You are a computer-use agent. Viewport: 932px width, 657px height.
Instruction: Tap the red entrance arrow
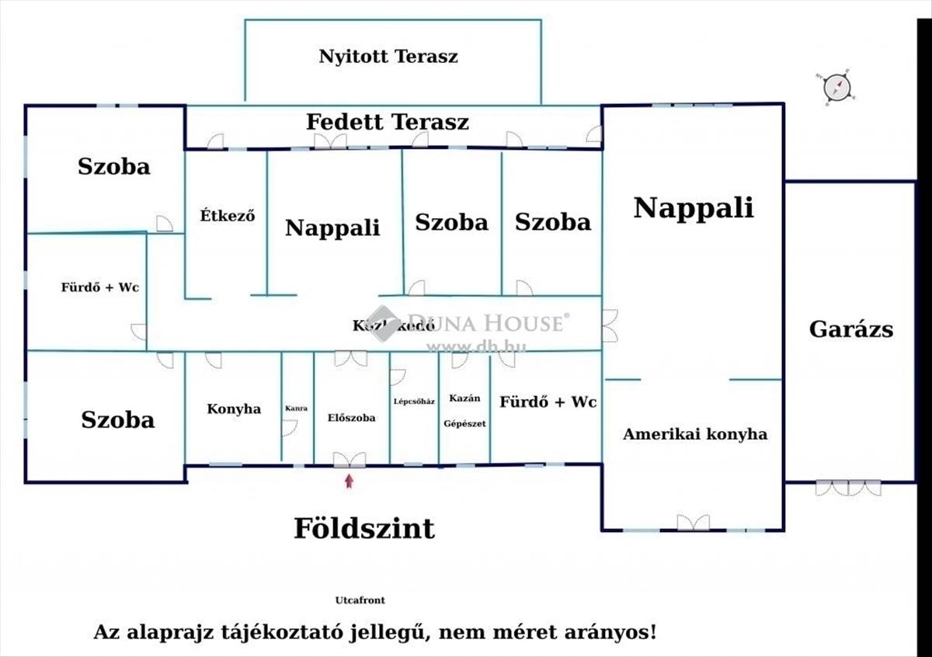pos(349,481)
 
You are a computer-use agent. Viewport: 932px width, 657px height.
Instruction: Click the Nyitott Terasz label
pos(388,57)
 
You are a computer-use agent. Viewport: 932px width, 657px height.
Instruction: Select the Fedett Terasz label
pos(387,122)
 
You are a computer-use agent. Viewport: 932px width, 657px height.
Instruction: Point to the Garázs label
pos(850,329)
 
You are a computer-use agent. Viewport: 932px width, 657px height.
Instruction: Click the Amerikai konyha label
pos(694,434)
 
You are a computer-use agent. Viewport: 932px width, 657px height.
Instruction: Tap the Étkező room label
pos(228,216)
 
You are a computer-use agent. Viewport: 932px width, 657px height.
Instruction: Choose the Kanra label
pos(297,408)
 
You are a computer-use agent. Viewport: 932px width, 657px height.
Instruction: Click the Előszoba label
pos(351,418)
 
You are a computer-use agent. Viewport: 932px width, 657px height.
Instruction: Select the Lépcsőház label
pos(414,401)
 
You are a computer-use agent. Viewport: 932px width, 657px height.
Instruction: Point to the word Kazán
pos(464,398)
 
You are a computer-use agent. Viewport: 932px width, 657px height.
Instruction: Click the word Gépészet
pos(464,423)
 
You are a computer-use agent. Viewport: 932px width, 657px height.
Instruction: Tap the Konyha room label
pos(234,409)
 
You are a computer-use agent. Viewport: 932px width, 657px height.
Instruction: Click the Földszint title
pos(363,529)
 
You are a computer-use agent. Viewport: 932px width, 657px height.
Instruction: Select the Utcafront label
pos(360,600)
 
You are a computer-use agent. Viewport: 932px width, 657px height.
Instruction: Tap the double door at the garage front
pos(848,488)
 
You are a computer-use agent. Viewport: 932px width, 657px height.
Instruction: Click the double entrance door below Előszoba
pos(349,460)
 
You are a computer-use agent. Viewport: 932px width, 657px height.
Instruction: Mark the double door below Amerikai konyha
pos(693,523)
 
